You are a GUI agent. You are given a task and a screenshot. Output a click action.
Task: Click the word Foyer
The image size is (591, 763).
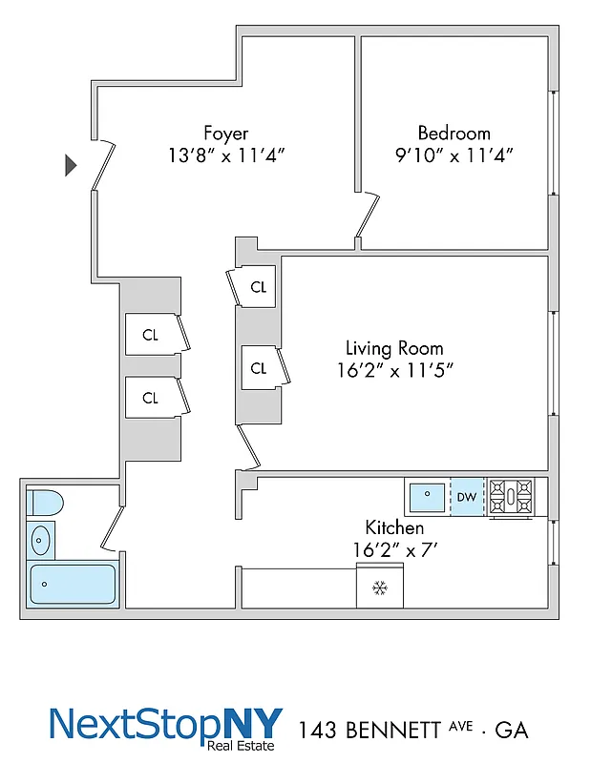(225, 133)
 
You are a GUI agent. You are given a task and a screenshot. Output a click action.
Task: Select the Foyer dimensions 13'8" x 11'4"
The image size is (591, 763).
(225, 155)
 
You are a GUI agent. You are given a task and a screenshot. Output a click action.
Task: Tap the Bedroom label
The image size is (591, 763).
(454, 133)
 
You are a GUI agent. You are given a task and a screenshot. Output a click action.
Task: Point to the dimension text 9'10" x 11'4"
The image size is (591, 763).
(454, 155)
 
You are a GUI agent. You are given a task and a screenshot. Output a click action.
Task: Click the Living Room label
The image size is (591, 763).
(394, 348)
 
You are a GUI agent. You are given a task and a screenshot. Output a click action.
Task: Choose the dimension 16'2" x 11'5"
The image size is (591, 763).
(394, 370)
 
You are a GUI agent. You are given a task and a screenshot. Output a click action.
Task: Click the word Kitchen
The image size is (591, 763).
(394, 527)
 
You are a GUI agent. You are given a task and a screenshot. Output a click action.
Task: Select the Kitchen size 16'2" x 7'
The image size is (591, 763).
(394, 549)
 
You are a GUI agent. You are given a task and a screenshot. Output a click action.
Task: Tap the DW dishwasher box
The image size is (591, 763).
(467, 497)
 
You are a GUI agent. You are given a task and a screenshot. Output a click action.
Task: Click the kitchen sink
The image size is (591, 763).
(426, 497)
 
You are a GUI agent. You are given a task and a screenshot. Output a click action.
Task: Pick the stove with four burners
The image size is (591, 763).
(517, 497)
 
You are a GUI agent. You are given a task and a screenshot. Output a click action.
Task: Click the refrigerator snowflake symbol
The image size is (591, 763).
(379, 588)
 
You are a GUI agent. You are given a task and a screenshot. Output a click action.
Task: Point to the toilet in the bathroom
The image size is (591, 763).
(42, 503)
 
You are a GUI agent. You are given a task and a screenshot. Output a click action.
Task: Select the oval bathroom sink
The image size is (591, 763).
(40, 541)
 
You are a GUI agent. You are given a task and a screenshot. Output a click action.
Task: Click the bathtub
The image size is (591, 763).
(73, 584)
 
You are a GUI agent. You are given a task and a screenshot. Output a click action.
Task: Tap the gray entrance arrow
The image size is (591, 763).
(70, 165)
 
